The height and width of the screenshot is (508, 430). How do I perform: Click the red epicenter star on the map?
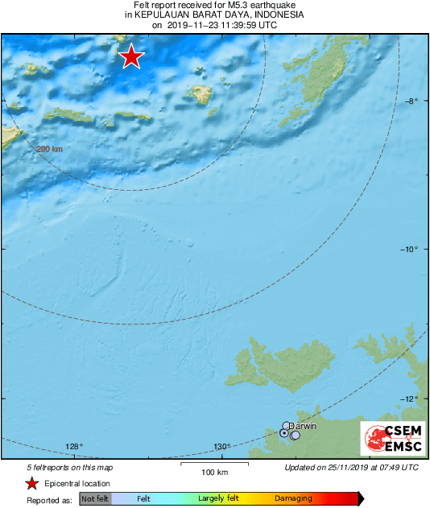coord(130,56)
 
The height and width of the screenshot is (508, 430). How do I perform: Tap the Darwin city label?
coord(303,425)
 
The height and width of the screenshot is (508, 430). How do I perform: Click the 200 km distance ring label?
coord(49,149)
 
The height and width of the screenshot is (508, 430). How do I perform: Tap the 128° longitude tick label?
coord(74,447)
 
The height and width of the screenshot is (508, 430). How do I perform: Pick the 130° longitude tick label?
coord(222,447)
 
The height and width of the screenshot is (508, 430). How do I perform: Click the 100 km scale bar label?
coord(213,472)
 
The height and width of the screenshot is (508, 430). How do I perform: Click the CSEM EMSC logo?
coord(390,440)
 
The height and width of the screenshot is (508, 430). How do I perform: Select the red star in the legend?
coord(32,483)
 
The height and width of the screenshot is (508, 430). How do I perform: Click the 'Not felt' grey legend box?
coord(96,499)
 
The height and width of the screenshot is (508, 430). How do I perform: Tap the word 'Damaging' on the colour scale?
coord(293,499)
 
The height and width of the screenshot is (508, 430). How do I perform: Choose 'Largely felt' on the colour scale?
coord(217,499)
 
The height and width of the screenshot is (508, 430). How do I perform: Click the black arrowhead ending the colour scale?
coord(362,499)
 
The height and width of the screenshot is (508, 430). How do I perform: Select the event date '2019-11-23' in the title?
coord(189,25)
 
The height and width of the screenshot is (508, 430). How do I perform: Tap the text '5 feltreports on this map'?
coord(70,467)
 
